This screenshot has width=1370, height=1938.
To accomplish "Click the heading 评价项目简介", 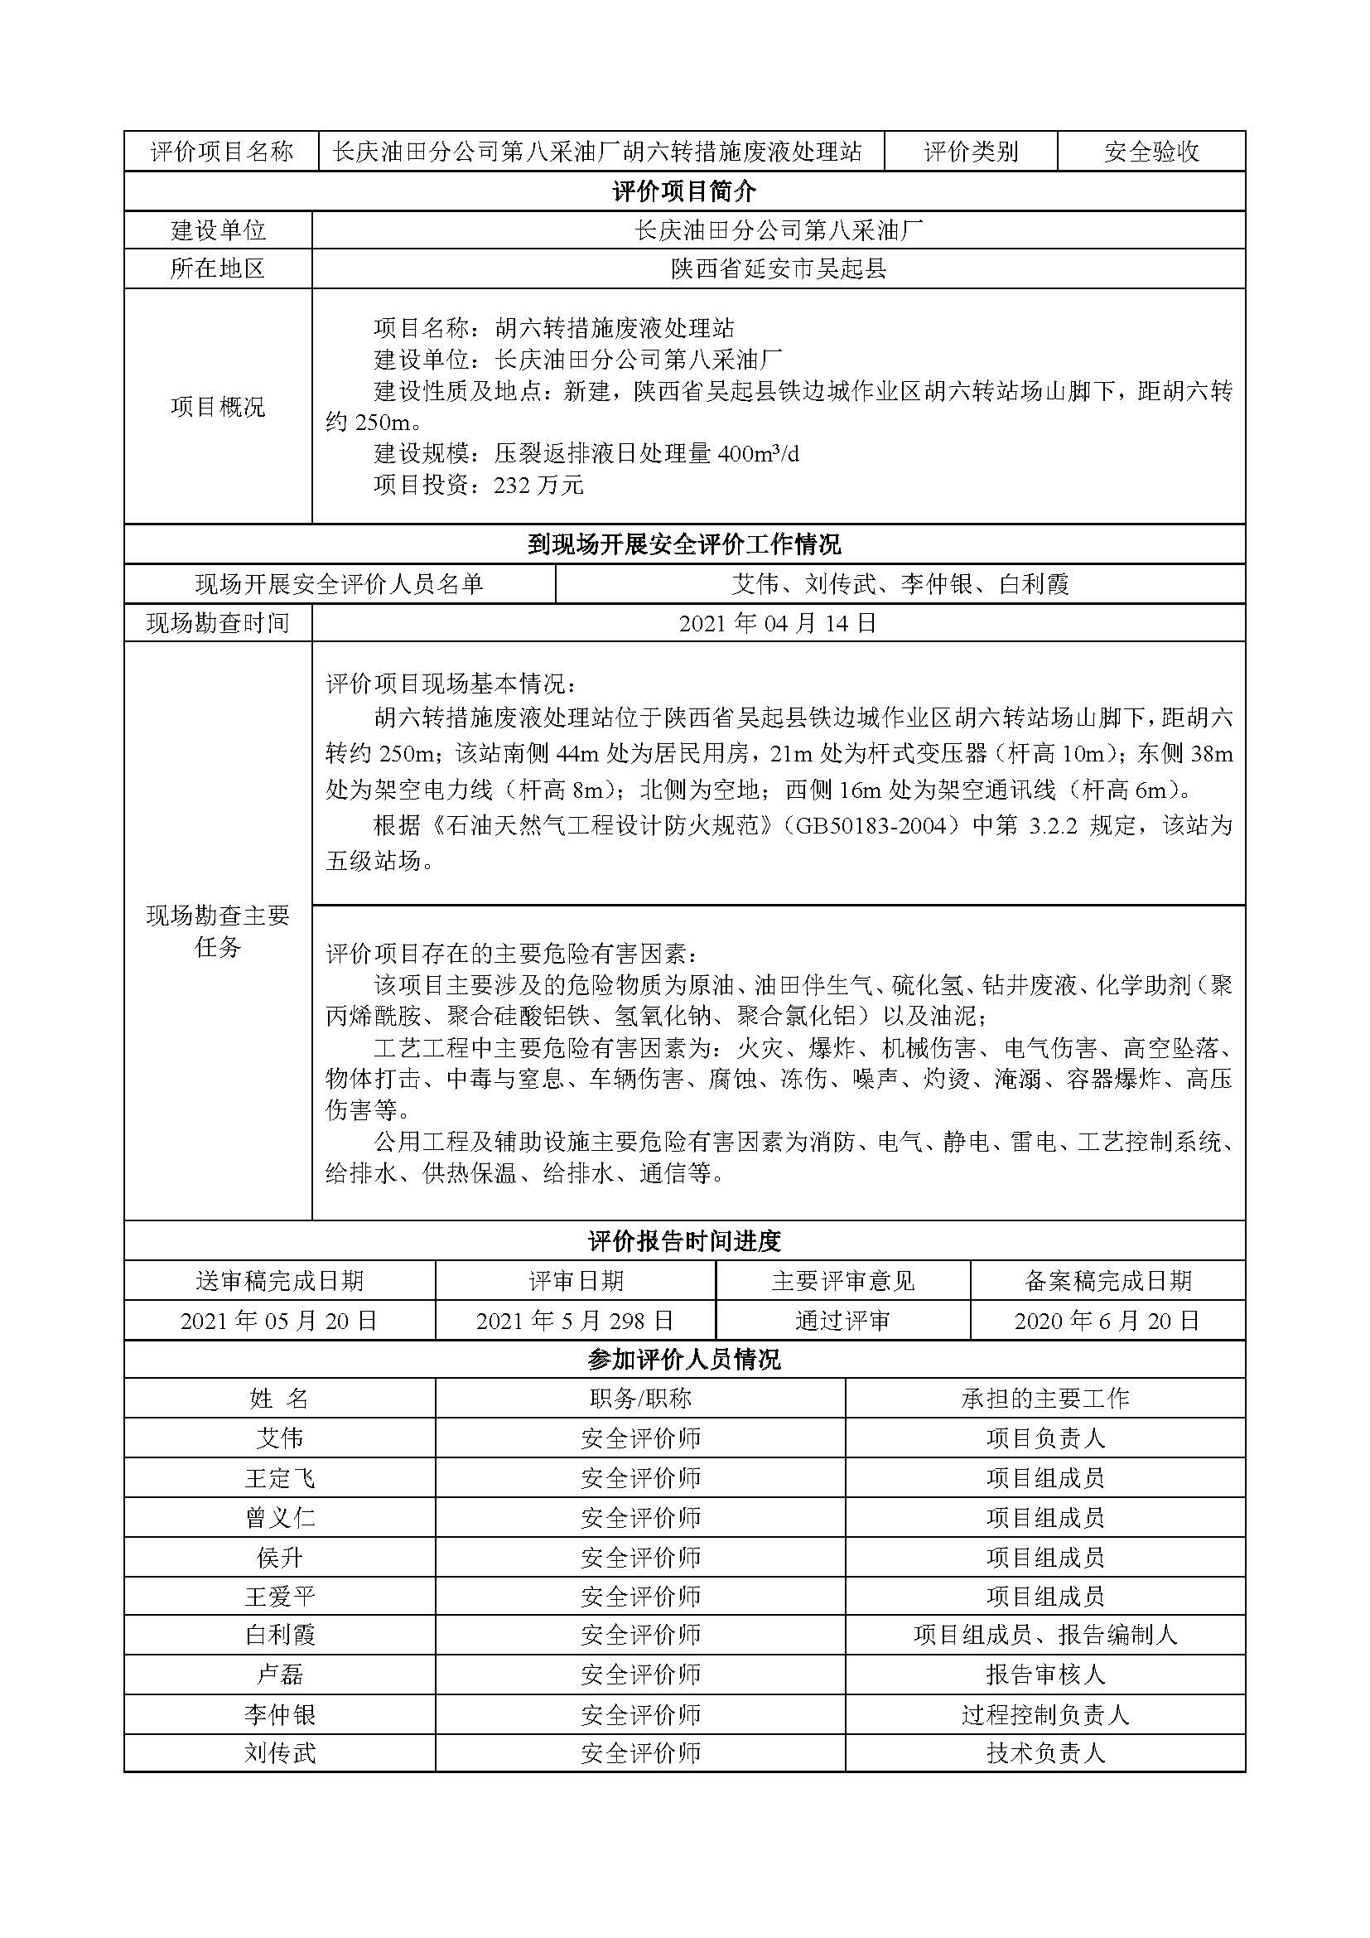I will [x=684, y=191].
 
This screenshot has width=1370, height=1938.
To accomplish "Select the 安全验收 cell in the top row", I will [x=1151, y=152].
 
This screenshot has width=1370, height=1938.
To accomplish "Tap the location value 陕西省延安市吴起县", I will [x=778, y=269].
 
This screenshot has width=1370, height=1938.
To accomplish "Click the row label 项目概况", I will [x=218, y=407].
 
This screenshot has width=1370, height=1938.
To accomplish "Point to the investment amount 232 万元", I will [x=538, y=486].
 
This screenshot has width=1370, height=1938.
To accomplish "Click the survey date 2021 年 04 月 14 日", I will [x=778, y=624].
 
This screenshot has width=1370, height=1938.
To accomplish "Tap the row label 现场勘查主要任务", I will [x=218, y=932].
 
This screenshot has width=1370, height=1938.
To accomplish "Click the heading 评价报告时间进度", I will [x=684, y=1241].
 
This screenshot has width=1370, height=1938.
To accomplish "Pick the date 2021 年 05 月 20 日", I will [x=279, y=1321].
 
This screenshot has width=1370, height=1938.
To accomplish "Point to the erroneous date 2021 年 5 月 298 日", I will [x=576, y=1321].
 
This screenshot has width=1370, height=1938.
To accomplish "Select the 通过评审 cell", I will [x=842, y=1321].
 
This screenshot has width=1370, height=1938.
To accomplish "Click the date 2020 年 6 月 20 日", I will [x=1107, y=1321].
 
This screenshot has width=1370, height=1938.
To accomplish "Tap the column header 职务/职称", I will [x=640, y=1399].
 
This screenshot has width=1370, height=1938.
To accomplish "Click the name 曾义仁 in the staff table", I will [x=279, y=1518].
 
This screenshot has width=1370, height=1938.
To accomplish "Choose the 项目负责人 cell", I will [x=1044, y=1438].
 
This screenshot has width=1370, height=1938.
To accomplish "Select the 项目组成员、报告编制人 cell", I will [x=1044, y=1635].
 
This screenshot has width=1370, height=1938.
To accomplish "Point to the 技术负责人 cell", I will [x=1044, y=1753].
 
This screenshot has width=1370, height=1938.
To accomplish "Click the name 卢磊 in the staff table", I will [x=279, y=1675].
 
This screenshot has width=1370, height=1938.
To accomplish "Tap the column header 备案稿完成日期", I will [x=1107, y=1281].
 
